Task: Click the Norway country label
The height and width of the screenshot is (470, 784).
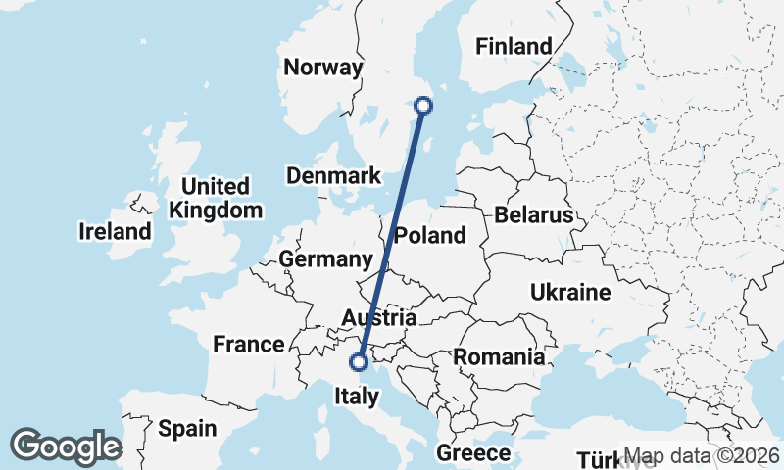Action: click(x=322, y=68)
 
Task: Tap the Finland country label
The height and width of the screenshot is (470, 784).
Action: click(x=513, y=46)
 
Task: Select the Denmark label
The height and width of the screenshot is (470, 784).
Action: click(x=333, y=176)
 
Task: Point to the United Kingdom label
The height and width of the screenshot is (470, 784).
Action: click(x=216, y=198)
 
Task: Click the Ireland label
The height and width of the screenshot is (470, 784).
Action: click(x=116, y=232)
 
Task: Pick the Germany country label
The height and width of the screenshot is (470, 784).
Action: click(x=325, y=259)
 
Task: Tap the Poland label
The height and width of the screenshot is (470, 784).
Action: click(x=430, y=236)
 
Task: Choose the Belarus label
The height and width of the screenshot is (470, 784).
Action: click(x=533, y=214)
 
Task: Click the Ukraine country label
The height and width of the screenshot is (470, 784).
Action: click(x=570, y=292)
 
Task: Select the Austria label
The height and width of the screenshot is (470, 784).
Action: click(x=379, y=318)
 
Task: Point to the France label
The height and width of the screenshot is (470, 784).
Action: click(x=249, y=344)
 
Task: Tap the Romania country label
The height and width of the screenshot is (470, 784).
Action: click(x=499, y=357)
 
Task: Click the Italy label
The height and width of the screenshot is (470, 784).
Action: click(x=357, y=397)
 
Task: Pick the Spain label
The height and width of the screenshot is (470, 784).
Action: click(x=186, y=428)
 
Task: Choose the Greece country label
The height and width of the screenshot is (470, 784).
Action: click(x=473, y=453)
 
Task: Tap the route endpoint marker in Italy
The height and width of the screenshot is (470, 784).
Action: click(x=359, y=362)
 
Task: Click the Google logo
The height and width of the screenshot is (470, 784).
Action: click(x=66, y=446)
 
